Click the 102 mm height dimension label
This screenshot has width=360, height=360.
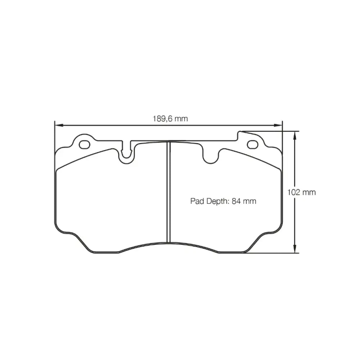pyautogui.click(x=302, y=192)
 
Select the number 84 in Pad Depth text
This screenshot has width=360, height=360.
pyautogui.click(x=236, y=201)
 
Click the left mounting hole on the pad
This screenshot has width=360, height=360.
pyautogui.click(x=84, y=144)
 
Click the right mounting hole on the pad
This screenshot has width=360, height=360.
pyautogui.click(x=253, y=144)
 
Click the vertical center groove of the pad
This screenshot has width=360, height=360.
pyautogui.click(x=167, y=193)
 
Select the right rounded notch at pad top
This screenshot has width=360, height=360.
pyautogui.click(x=211, y=157)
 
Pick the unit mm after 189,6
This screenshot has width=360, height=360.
pyautogui.click(x=181, y=118)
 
